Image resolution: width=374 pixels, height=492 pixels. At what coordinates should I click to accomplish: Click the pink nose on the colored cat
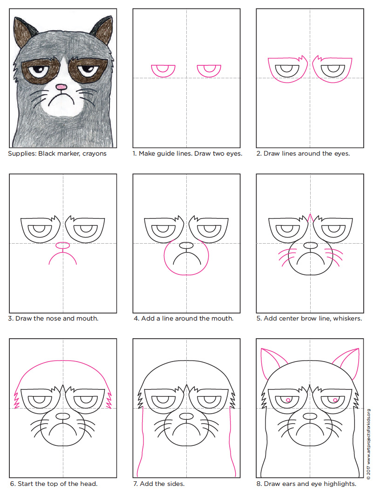(61, 87)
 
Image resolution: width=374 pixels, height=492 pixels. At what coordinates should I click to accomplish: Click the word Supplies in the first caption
(22, 153)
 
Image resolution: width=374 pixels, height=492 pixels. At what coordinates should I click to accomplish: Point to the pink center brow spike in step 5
(310, 217)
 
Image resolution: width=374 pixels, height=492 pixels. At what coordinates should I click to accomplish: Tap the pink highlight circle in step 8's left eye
(288, 400)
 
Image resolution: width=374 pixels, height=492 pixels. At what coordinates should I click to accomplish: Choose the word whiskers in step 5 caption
(346, 318)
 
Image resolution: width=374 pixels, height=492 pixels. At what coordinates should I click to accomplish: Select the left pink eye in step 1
(163, 70)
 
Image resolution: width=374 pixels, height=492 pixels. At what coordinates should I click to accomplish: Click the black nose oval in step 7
(186, 416)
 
